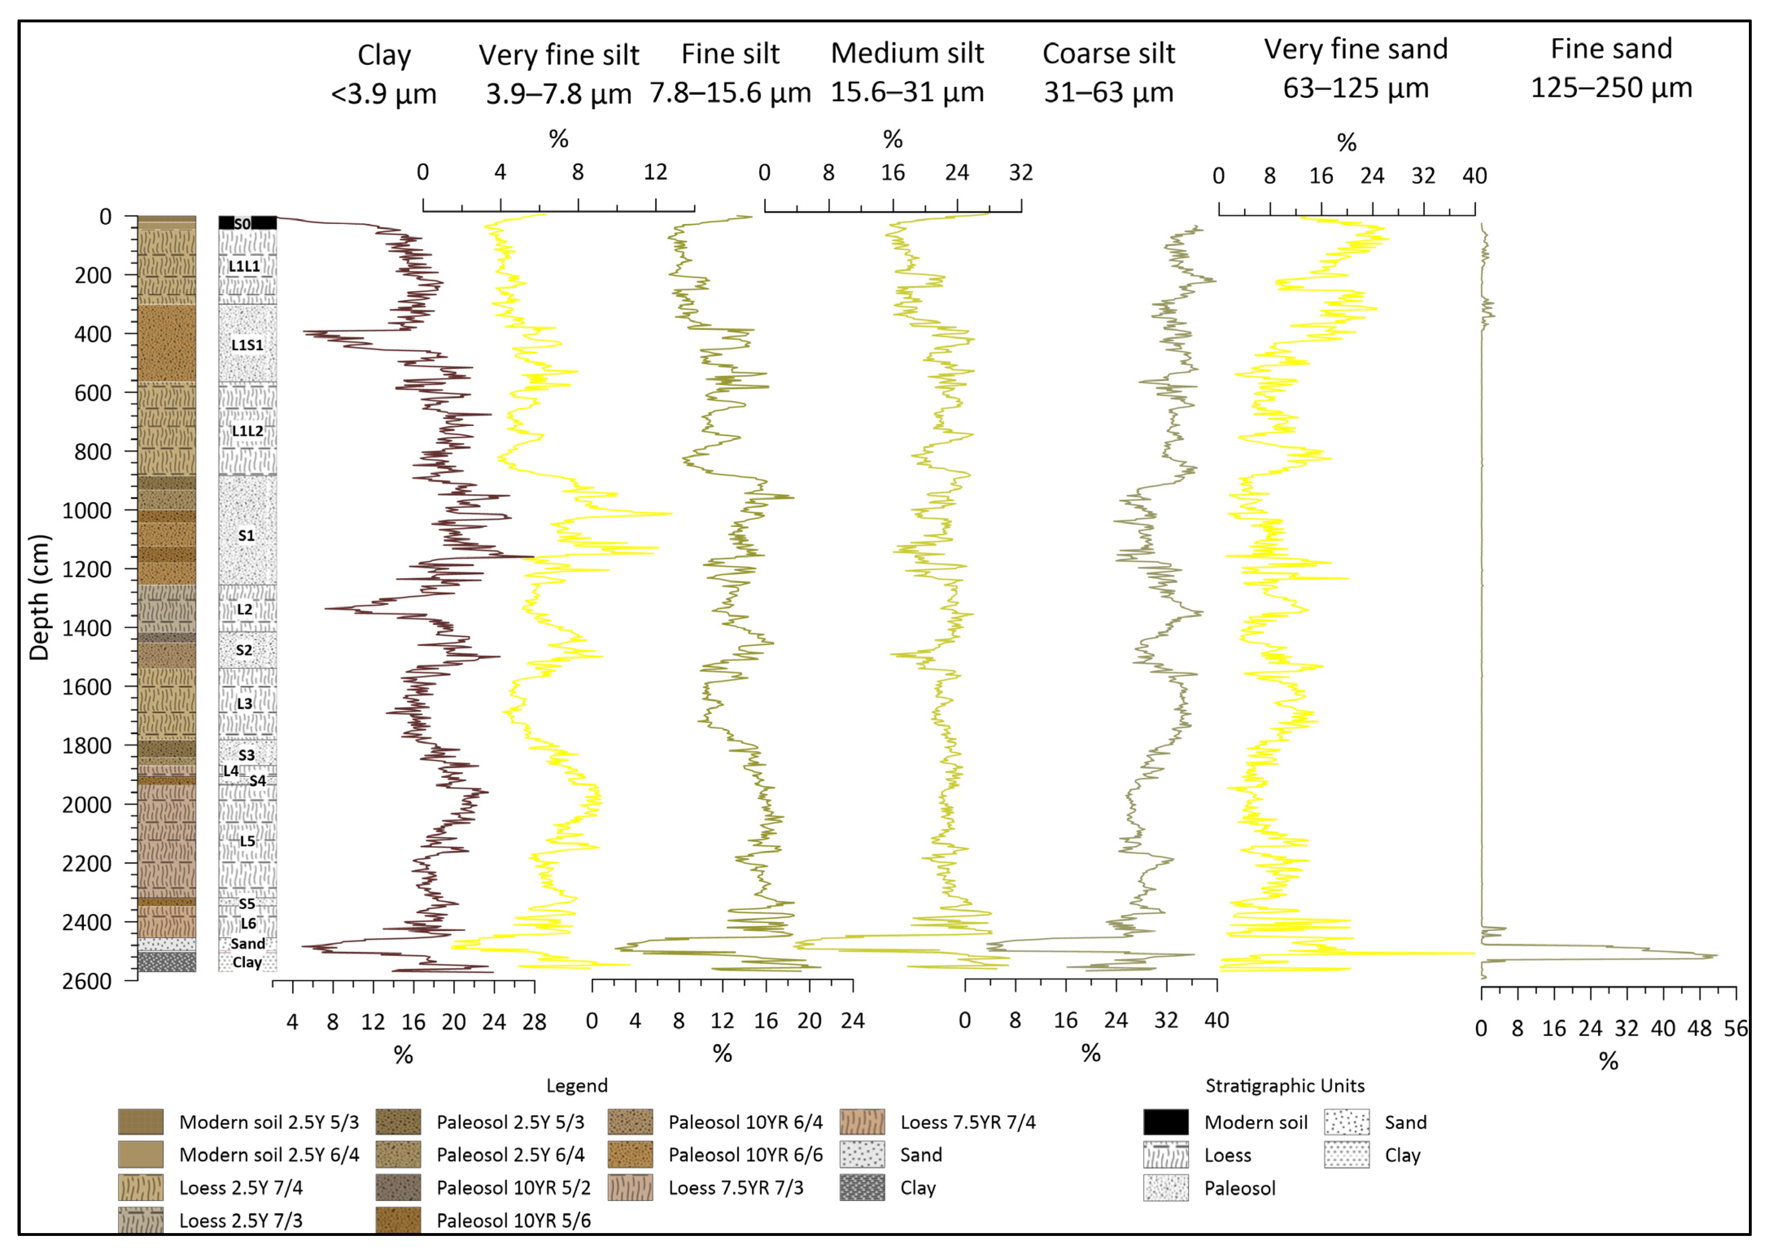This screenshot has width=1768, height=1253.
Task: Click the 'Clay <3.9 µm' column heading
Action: [x=383, y=74]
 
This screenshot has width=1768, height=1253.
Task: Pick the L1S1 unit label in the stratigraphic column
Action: [x=247, y=345]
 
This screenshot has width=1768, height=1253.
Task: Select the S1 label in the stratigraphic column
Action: [x=246, y=535]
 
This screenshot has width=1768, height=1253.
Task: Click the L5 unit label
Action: [x=247, y=841]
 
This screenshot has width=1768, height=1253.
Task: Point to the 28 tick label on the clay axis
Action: [x=534, y=1022]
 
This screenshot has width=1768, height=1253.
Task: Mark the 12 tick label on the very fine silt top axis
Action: [x=655, y=172]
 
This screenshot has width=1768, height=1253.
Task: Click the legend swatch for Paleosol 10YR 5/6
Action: [x=398, y=1220]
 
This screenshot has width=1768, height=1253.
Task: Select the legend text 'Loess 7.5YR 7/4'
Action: [x=968, y=1122]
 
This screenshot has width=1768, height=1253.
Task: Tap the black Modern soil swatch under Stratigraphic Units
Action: [x=1165, y=1122]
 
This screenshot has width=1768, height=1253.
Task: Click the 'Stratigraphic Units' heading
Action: [x=1285, y=1085]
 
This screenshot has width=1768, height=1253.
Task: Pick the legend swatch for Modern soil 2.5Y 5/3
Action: [x=140, y=1122]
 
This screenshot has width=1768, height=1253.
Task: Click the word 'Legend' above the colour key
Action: [x=577, y=1085]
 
